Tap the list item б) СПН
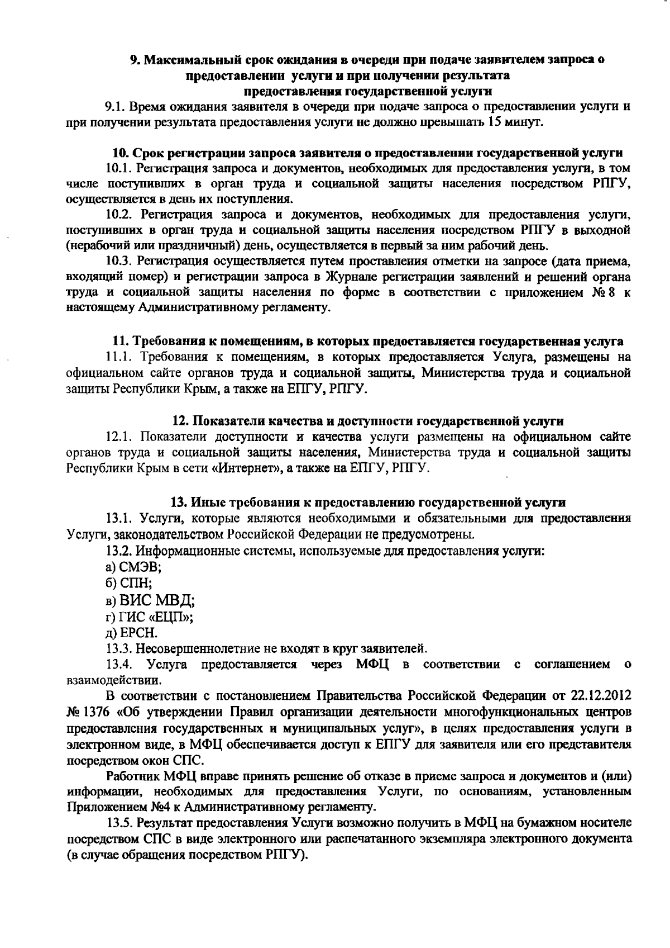128,584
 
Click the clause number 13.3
119,649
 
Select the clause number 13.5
119,823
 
